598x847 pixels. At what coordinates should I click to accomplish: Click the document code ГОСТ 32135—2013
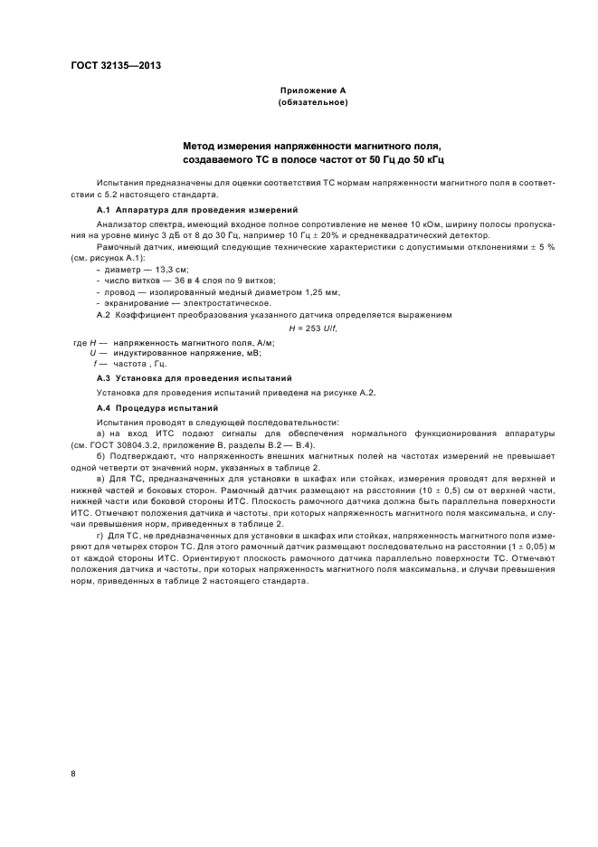109,65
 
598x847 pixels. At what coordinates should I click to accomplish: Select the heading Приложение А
313,90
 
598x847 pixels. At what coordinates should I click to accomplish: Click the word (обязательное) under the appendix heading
313,102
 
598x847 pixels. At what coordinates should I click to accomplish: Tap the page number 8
73,773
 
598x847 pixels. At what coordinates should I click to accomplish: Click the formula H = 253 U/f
312,328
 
